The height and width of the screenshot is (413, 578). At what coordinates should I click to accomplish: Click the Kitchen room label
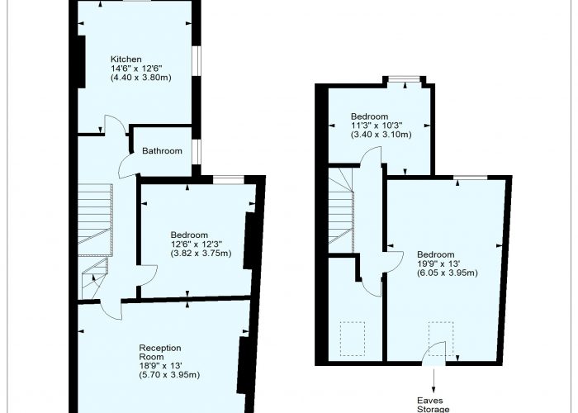click(x=126, y=59)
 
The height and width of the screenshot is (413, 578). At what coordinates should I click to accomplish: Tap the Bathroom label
click(x=162, y=151)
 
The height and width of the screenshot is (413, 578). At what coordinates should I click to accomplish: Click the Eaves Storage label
click(x=433, y=405)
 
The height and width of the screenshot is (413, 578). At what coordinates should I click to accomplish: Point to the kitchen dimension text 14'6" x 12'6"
click(x=137, y=69)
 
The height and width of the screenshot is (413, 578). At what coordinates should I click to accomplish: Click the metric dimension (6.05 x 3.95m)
click(x=448, y=273)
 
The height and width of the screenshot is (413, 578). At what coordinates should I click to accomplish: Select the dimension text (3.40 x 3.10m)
click(x=381, y=135)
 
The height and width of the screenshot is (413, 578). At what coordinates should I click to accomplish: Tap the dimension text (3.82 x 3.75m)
click(x=201, y=254)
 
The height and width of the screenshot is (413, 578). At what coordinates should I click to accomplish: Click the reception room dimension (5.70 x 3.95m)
click(x=169, y=375)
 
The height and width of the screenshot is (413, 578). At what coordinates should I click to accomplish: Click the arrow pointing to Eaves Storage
click(x=433, y=380)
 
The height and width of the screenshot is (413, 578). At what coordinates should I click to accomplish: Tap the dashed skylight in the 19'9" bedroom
click(x=441, y=339)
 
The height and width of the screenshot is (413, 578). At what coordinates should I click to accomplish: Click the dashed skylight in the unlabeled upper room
click(x=353, y=339)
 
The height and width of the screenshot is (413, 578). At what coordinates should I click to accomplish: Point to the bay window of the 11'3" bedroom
click(x=405, y=78)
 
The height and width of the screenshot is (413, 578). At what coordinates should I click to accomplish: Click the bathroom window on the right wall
click(x=197, y=151)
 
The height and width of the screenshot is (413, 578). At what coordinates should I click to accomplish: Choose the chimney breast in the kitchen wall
click(x=81, y=62)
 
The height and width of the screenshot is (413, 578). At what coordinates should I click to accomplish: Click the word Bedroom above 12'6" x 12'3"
click(x=189, y=235)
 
